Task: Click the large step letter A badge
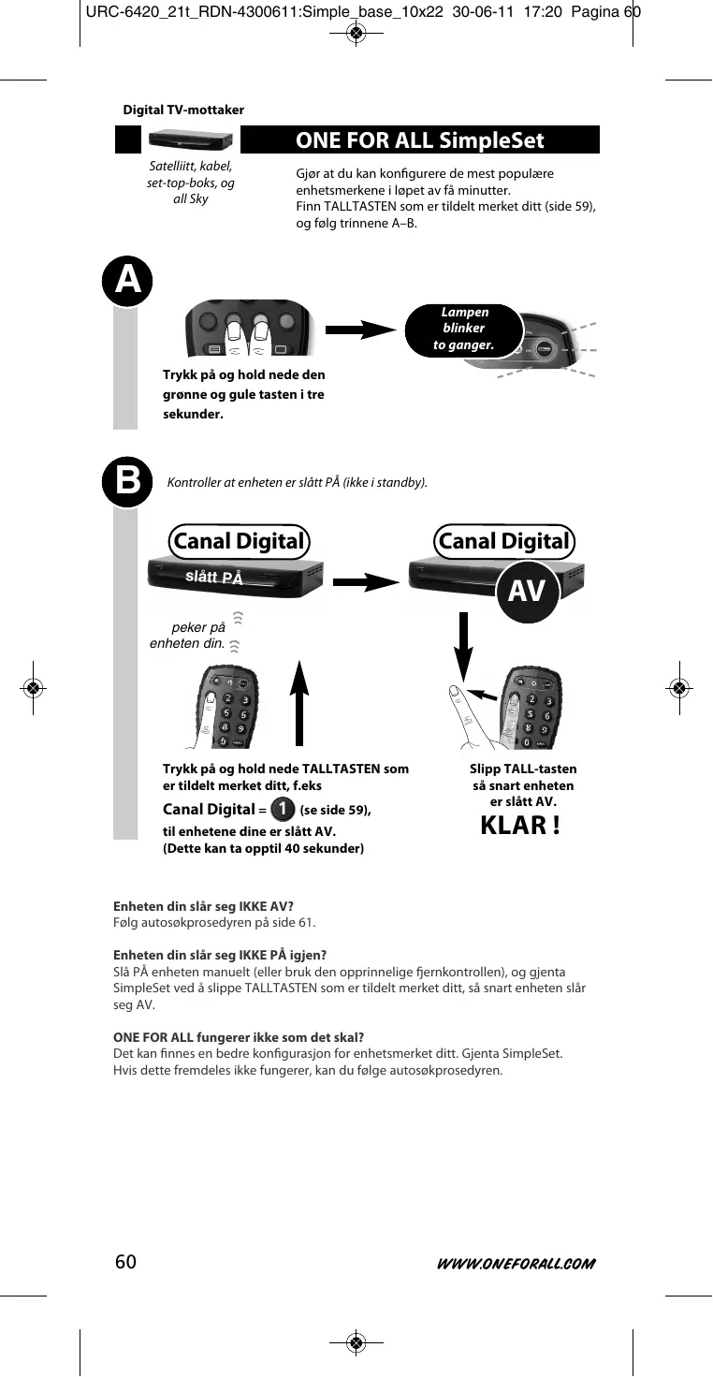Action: coord(127,281)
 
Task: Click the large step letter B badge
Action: coord(127,483)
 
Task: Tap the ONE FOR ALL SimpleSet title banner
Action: coord(420,140)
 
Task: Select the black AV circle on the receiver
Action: coord(527,593)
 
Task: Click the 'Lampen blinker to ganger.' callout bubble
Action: coord(463,330)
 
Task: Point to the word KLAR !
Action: coord(520,827)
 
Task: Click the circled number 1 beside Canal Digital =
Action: coord(281,809)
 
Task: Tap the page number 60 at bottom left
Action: coord(125,1262)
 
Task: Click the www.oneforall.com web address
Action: coord(516,1264)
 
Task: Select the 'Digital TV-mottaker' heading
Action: coord(183,110)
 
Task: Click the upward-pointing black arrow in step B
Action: coord(299,703)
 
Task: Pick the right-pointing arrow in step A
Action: coord(361,330)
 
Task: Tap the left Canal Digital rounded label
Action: coord(239,541)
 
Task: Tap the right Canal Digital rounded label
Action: coord(503,541)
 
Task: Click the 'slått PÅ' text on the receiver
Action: coord(214,577)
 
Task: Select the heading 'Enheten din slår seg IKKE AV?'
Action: coord(203,905)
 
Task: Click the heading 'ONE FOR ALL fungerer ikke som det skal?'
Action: coord(238,1037)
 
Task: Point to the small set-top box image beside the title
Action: coord(191,139)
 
